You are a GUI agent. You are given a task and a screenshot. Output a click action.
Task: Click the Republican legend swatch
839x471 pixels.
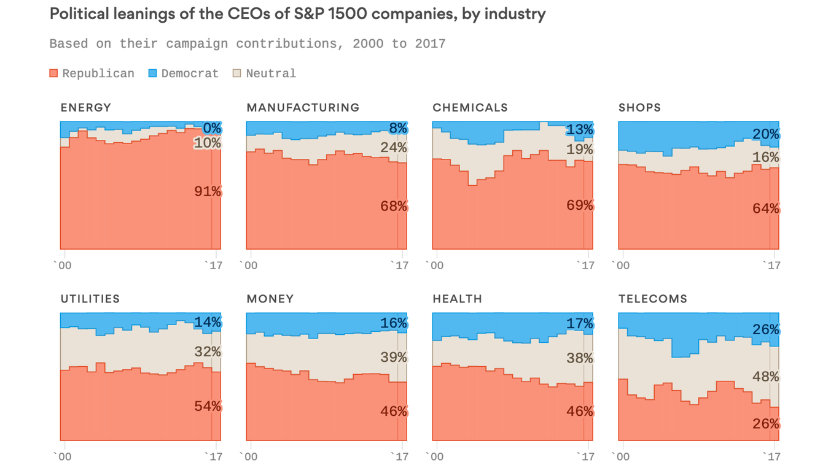coord(54,74)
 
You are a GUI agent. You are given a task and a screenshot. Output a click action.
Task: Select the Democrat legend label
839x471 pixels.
coord(190,74)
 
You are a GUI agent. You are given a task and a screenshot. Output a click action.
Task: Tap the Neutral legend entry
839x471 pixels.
coord(271,74)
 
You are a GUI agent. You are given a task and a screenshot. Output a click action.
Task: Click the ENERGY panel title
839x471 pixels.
coord(86,108)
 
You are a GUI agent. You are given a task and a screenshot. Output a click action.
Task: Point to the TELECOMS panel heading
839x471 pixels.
coord(653,299)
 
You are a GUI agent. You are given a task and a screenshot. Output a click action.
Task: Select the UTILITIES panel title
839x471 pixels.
coord(90,299)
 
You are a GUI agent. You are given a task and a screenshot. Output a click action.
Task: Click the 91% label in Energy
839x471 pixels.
coord(208,192)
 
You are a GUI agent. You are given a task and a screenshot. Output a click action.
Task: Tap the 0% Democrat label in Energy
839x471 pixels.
coord(212,128)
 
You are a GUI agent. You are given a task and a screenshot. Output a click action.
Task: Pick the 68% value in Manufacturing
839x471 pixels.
coord(394,207)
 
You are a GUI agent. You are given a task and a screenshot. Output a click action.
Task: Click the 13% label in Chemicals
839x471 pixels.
coord(580,130)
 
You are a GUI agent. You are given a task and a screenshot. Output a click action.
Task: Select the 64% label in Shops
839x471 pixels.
coord(766,209)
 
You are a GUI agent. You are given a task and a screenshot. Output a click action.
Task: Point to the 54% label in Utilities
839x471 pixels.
coord(208,406)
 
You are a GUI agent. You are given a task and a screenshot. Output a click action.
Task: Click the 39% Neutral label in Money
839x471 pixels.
coord(394,357)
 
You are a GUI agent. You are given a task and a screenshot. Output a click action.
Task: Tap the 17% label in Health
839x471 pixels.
coord(580,323)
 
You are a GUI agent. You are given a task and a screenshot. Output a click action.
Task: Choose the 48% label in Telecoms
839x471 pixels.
coord(766,377)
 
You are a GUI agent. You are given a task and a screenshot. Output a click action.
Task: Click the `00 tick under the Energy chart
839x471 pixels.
coord(63,266)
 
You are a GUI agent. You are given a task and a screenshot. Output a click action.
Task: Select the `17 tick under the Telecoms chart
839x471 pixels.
coord(771,457)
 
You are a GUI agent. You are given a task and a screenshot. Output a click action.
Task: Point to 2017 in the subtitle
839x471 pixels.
coord(430,44)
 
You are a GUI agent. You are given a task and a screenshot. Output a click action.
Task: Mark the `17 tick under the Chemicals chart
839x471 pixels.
coord(585,266)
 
